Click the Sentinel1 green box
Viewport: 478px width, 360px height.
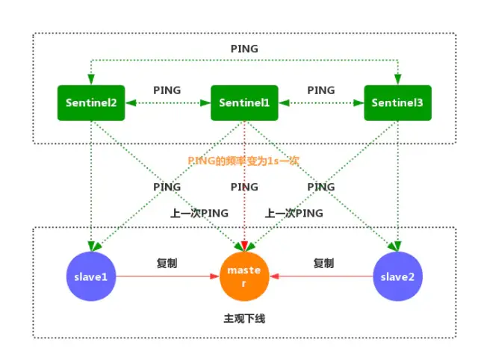pos(244,102)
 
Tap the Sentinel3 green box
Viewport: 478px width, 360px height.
pos(397,102)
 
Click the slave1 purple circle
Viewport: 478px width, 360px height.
pos(91,276)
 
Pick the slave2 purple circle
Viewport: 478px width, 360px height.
pos(397,276)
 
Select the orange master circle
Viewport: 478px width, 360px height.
pos(244,276)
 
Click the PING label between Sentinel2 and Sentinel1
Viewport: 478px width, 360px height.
pos(167,90)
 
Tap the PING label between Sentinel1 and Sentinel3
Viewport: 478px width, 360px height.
pos(321,90)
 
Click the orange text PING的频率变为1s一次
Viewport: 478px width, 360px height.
pos(243,161)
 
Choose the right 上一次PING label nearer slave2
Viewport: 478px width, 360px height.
pos(294,213)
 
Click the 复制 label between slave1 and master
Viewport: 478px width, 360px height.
pos(167,264)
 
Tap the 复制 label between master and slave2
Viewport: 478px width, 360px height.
pos(323,264)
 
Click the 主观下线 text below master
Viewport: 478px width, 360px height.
pos(244,318)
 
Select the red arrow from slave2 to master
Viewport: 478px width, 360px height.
pos(321,276)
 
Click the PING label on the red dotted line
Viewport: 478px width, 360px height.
pos(244,187)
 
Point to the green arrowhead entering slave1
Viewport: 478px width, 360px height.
pos(92,246)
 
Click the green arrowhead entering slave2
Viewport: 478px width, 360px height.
pos(397,246)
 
